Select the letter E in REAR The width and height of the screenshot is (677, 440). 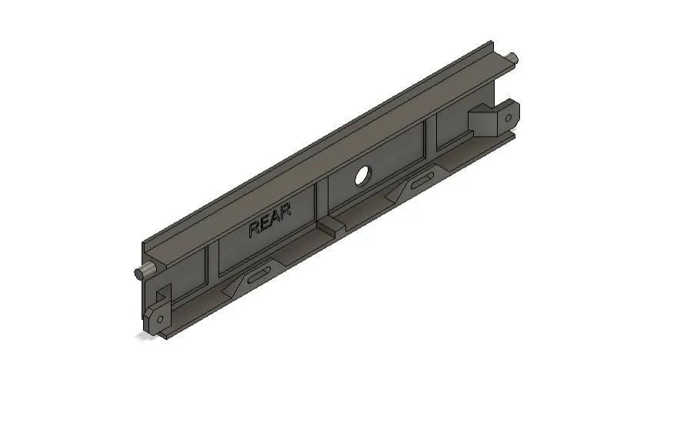pyautogui.click(x=265, y=225)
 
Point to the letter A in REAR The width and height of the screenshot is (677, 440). pyautogui.click(x=275, y=220)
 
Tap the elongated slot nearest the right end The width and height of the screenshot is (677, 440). pyautogui.click(x=421, y=182)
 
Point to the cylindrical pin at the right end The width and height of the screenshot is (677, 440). pyautogui.click(x=513, y=58)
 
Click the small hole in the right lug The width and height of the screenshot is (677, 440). pyautogui.click(x=508, y=117)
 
